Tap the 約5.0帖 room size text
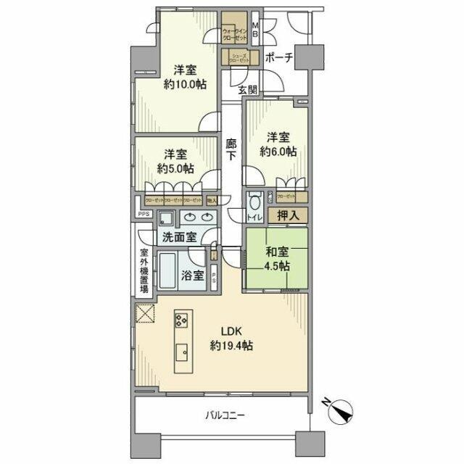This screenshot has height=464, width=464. [x=178, y=168]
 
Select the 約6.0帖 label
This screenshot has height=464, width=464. [x=279, y=152]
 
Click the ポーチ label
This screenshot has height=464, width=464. [x=279, y=59]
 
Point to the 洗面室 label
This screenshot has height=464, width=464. [x=178, y=237]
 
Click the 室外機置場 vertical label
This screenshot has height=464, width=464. [x=144, y=270]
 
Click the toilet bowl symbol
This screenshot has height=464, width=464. [x=254, y=201]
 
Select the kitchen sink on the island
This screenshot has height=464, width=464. [x=181, y=353]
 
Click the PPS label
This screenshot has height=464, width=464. [x=144, y=214]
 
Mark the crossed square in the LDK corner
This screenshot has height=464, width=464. [x=144, y=314]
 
